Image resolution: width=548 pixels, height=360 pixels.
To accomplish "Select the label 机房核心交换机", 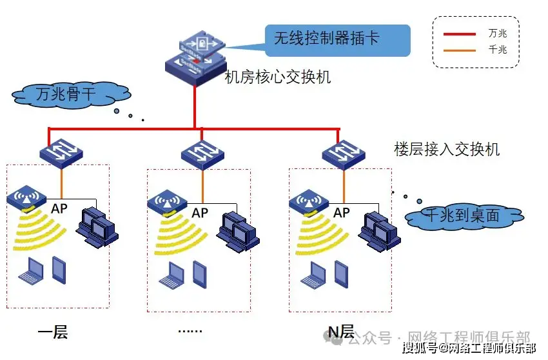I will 277,77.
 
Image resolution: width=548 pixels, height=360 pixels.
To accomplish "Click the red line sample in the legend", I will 459,32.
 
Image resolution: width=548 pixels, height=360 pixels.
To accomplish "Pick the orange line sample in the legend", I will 459,48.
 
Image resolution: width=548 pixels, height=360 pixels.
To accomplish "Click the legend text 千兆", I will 498,48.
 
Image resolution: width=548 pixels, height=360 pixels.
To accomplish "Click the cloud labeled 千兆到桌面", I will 464,216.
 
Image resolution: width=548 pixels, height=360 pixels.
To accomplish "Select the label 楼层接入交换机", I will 447,149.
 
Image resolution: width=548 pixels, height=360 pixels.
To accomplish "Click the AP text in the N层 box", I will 341,212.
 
